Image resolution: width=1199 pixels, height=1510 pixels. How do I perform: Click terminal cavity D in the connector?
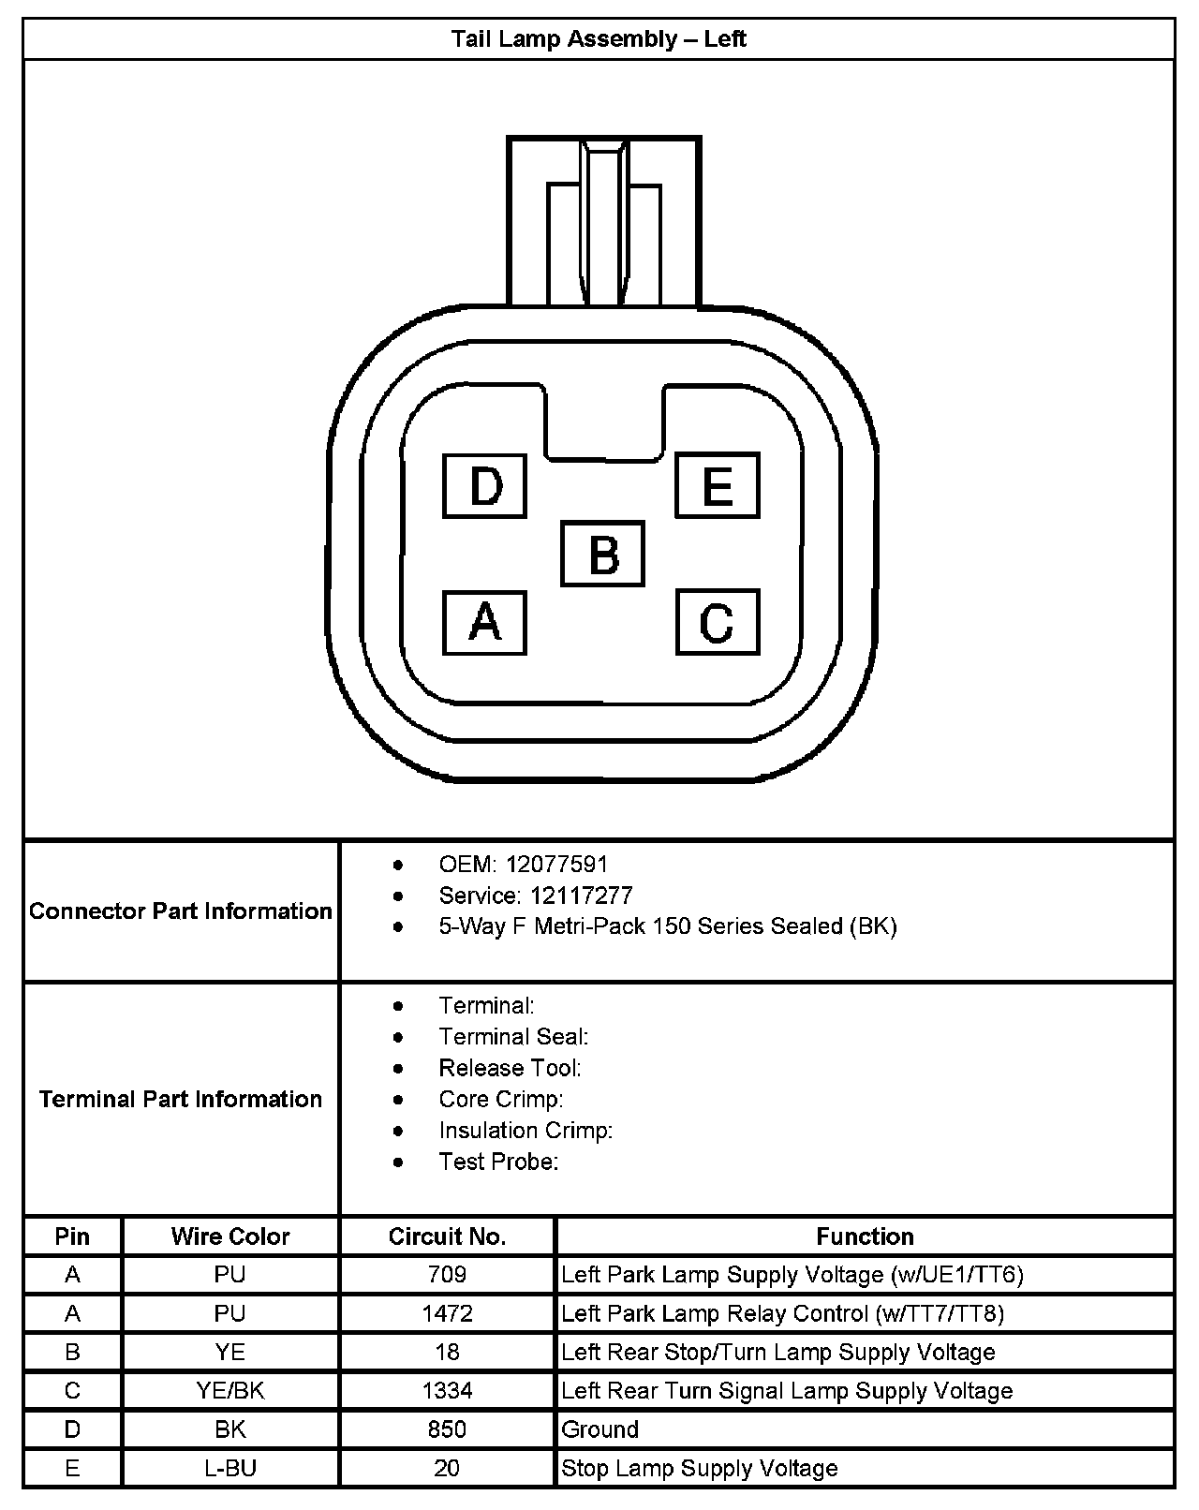click(x=485, y=486)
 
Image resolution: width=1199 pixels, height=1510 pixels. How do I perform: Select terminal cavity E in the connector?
click(x=718, y=485)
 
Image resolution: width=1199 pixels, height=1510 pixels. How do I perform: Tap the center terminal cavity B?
click(x=603, y=554)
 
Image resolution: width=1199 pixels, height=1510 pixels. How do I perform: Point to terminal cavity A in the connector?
click(x=484, y=622)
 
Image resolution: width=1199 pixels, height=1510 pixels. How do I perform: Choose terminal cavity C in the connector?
click(x=718, y=622)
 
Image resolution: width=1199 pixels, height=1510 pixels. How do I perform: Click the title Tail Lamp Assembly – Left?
click(x=599, y=39)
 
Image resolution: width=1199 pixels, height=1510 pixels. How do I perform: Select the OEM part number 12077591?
click(x=556, y=864)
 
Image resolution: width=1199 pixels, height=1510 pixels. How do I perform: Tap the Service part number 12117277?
click(x=581, y=896)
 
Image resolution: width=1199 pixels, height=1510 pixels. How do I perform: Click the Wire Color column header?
click(x=230, y=1236)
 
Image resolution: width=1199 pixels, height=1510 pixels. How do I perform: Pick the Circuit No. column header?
click(x=447, y=1236)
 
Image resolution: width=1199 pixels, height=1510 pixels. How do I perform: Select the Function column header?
click(x=865, y=1236)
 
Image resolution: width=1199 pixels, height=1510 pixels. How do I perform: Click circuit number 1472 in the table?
click(x=447, y=1313)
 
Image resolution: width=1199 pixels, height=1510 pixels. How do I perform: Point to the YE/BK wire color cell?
click(x=230, y=1391)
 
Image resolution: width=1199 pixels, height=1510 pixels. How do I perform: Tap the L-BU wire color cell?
click(x=230, y=1468)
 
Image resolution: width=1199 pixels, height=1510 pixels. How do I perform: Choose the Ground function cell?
click(x=600, y=1429)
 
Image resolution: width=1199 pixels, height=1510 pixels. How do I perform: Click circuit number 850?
click(x=447, y=1429)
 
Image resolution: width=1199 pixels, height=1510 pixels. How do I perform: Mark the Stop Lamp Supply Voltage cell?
click(x=699, y=1468)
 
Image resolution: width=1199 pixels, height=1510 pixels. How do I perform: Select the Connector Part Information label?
click(x=181, y=911)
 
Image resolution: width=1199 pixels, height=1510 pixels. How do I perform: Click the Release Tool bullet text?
click(x=510, y=1068)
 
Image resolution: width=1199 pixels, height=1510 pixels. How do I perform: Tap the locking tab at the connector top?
click(x=603, y=222)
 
